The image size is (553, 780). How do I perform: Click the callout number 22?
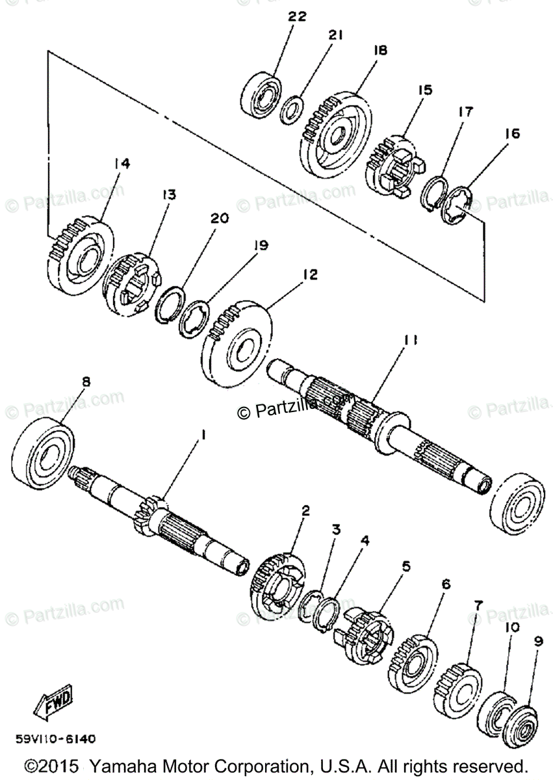point(297,17)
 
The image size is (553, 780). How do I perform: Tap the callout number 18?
point(380,50)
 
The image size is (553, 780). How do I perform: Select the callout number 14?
point(122,164)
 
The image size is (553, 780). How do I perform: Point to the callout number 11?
point(410,339)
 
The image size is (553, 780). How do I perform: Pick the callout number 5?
point(406,567)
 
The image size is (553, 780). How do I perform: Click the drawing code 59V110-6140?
point(57,739)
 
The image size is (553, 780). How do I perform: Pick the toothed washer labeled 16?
point(458,207)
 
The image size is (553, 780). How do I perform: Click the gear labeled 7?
point(457,686)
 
